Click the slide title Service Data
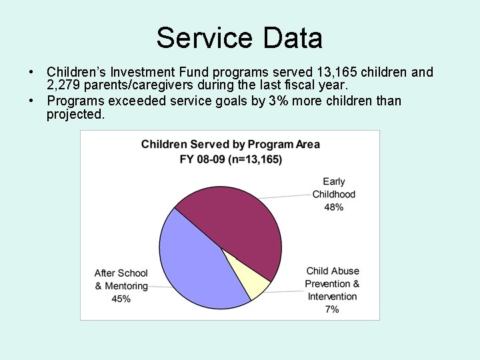point(239,38)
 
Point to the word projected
point(75,114)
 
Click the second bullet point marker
point(31,101)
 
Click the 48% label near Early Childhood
point(334,207)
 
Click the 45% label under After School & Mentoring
point(121,299)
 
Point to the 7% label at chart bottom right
point(332,309)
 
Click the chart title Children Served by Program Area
point(230,145)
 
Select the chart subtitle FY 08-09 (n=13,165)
point(230,159)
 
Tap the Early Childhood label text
point(334,187)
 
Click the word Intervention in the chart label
point(332,297)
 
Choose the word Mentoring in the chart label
point(126,286)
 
